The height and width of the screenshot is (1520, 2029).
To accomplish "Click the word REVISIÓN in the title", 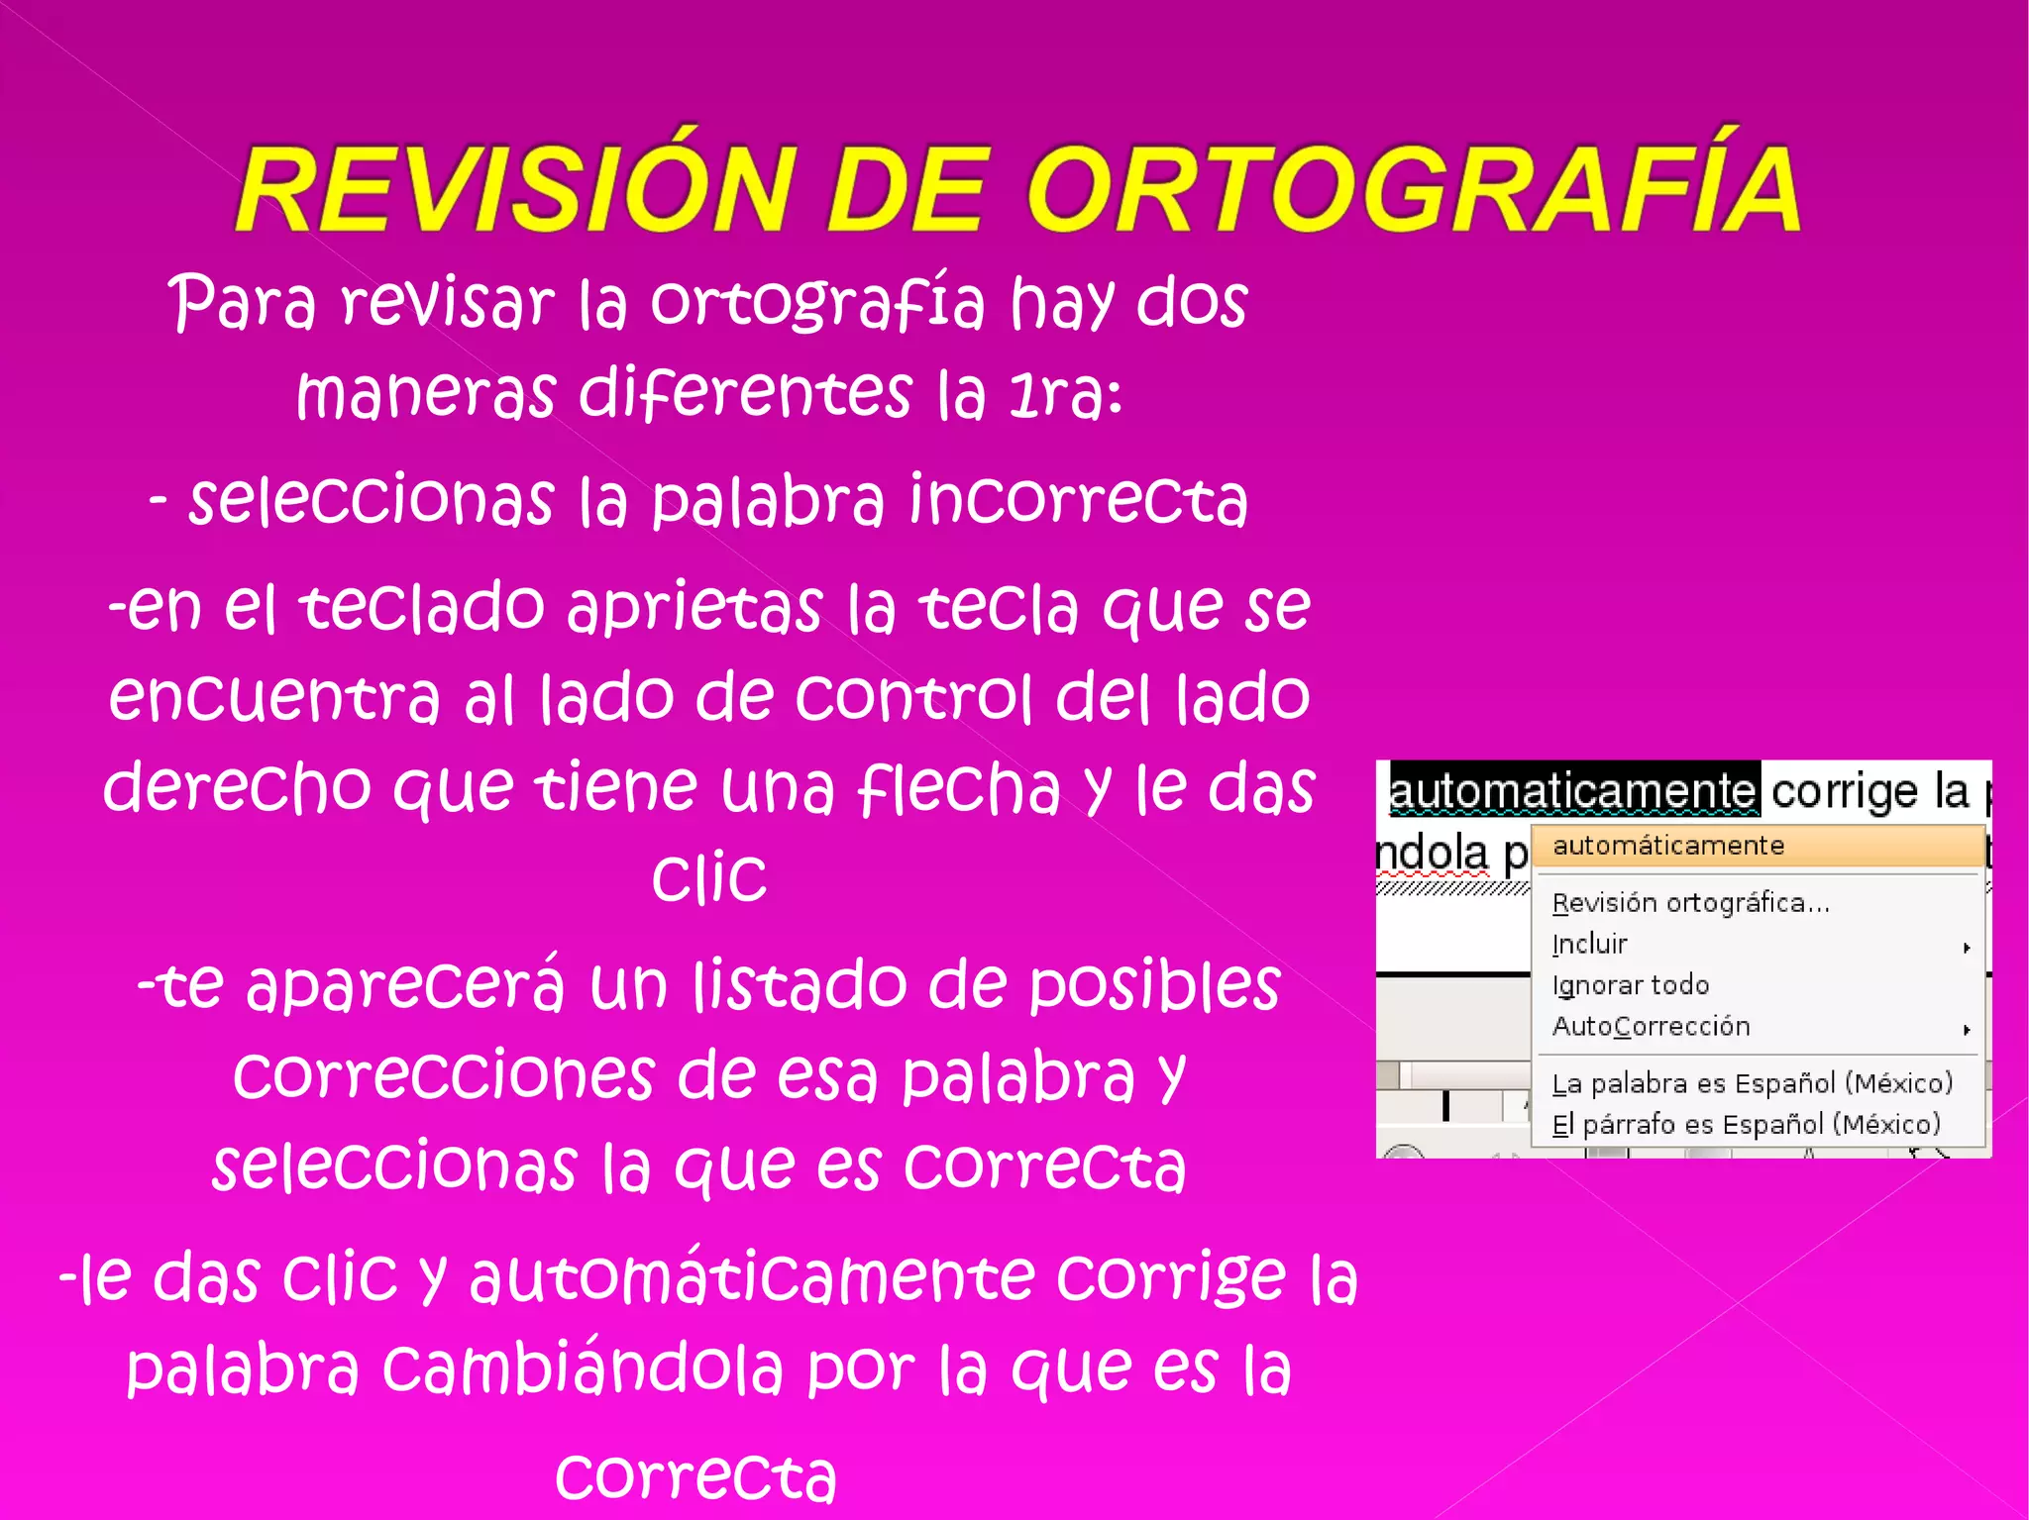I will tap(515, 188).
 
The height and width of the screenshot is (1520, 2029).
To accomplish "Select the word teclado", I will tap(422, 606).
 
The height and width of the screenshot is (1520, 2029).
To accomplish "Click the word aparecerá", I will tap(405, 986).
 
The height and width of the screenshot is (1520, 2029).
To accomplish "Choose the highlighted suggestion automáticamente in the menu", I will tap(1668, 846).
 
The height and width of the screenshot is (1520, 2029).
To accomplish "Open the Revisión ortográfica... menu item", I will tap(1690, 903).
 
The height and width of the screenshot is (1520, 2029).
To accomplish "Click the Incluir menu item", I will tap(1589, 944).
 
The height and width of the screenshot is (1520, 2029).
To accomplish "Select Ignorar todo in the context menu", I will tap(1631, 985).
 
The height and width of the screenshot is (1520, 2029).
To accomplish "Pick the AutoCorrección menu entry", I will tap(1651, 1026).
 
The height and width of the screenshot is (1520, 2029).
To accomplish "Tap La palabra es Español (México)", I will tap(1752, 1083).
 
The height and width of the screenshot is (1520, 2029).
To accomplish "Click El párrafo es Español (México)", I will tap(1746, 1125).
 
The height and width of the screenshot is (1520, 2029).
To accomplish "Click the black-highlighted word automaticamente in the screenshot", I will tap(1573, 790).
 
